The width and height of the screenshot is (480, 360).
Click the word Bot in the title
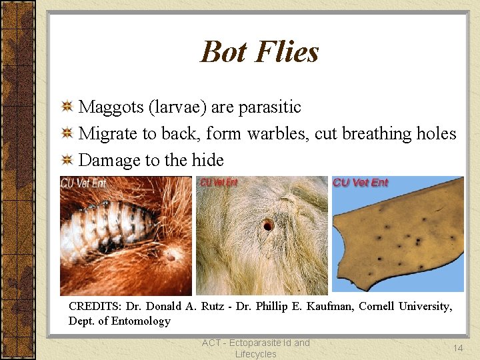(223, 52)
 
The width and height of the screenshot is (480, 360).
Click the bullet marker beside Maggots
(67, 107)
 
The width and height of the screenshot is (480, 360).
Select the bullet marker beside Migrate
(67, 134)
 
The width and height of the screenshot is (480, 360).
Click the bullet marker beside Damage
(67, 161)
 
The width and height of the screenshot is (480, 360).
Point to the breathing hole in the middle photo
(268, 225)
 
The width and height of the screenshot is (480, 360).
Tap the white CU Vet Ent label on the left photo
(83, 183)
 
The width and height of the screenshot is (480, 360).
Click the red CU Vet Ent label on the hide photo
(360, 183)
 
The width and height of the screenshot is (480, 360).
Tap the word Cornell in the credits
(381, 307)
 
